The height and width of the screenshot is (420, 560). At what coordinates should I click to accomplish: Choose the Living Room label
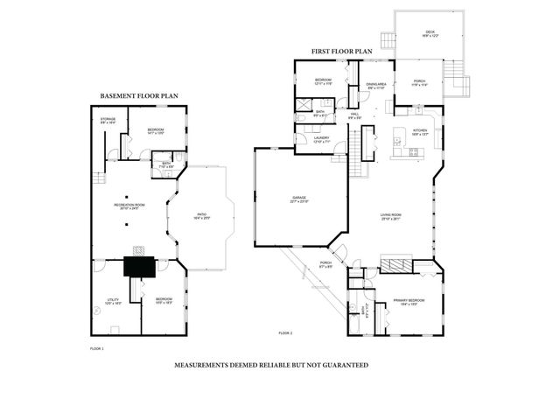pos(390,217)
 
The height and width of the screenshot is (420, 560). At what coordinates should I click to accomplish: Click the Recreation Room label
pos(129,206)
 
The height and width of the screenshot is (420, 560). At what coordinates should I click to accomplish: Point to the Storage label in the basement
pos(108,121)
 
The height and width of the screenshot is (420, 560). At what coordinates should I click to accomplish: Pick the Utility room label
pos(113,301)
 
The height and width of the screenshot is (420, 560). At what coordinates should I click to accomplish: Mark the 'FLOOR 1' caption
pos(96,349)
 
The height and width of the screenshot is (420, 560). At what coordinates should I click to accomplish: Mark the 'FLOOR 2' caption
pos(285,333)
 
